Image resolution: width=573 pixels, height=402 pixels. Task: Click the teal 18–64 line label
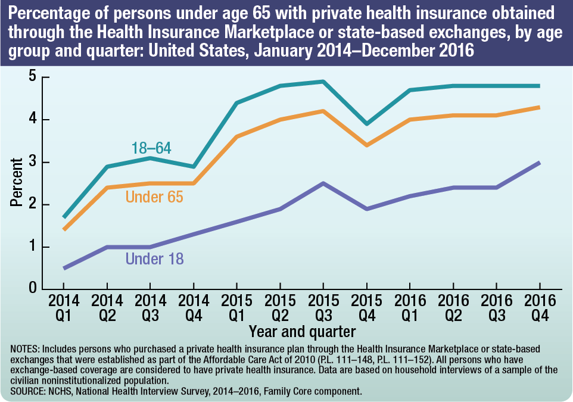tap(151, 148)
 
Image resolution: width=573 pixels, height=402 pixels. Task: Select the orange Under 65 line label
tap(154, 197)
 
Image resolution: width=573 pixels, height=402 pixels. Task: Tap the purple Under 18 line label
tap(154, 258)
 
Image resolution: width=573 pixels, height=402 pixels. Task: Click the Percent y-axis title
tap(16, 182)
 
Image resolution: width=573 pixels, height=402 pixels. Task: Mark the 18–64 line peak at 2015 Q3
tap(323, 82)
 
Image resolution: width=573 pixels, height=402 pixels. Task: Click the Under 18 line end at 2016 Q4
tap(540, 162)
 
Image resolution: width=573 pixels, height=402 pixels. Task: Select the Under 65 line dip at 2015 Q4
tap(366, 145)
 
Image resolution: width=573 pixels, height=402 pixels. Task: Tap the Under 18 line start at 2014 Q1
tap(63, 268)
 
